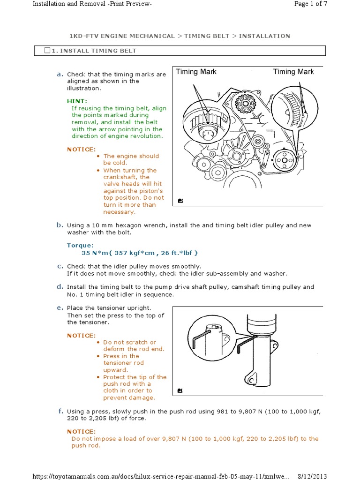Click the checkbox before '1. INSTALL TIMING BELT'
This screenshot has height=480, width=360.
[x=47, y=51]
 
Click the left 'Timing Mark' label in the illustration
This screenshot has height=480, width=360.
[x=196, y=72]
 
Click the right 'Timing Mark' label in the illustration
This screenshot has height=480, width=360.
[x=293, y=72]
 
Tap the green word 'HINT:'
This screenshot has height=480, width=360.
[x=77, y=101]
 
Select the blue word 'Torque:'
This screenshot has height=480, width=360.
[x=80, y=245]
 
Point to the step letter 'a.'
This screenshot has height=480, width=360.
[x=60, y=74]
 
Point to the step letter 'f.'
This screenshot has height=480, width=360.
[x=60, y=411]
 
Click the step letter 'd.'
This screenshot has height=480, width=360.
[x=60, y=287]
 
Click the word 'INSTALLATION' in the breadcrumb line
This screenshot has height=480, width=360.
[x=264, y=36]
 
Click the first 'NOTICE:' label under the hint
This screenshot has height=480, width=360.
[x=81, y=150]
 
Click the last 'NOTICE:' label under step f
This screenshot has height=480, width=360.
[x=81, y=431]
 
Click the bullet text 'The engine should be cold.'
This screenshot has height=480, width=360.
[x=131, y=159]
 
